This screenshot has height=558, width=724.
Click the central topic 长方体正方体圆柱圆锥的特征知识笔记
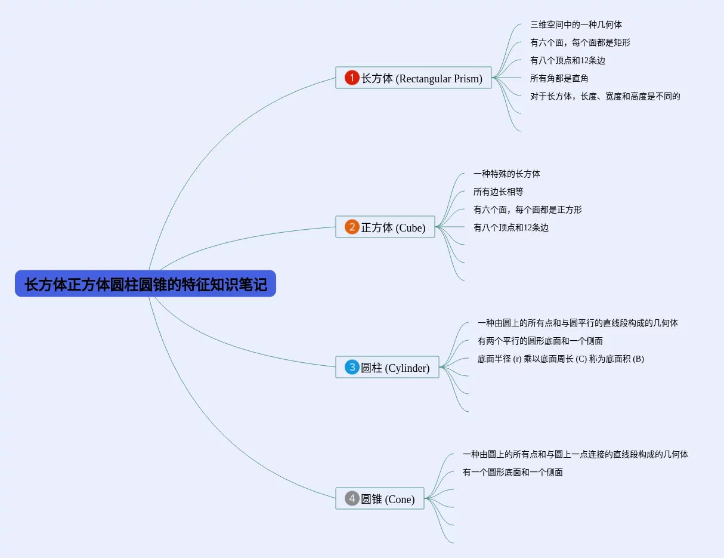point(146,284)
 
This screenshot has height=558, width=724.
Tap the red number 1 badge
point(352,78)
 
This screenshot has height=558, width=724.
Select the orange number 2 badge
point(352,227)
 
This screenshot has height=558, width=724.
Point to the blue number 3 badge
point(352,368)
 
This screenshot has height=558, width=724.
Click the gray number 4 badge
point(352,498)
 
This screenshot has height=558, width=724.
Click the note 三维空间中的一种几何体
point(576,24)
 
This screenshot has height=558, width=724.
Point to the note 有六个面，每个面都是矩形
point(580,42)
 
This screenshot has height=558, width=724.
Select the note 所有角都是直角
point(559,78)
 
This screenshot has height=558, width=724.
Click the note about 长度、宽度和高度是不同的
point(605,96)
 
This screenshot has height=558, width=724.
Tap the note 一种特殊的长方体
point(507,174)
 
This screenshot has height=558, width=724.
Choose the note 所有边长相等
point(499,192)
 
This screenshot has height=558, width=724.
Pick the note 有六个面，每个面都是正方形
point(528,209)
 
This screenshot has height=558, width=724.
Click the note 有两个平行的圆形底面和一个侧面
point(540,341)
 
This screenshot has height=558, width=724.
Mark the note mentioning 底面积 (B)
point(561,359)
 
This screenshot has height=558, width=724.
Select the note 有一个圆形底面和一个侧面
point(513,472)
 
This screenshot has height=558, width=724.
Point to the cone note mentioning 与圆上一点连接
point(576,454)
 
